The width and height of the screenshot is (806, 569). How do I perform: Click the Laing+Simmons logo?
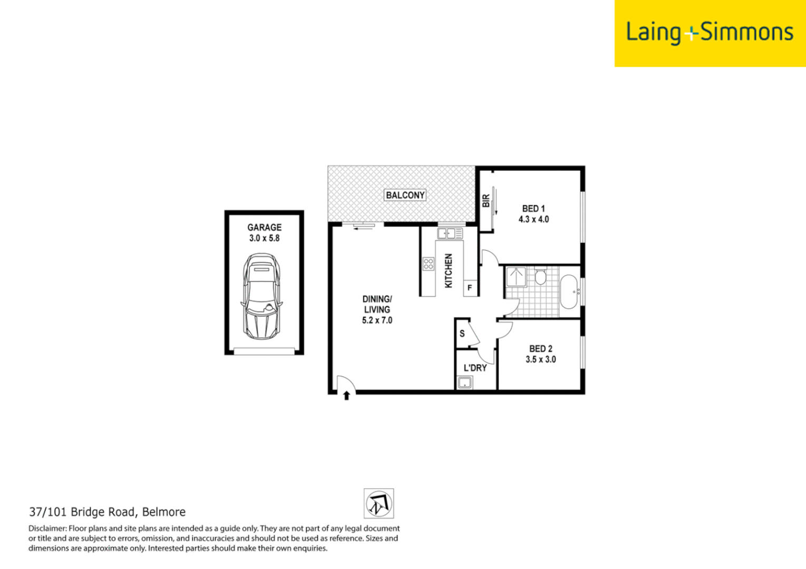point(710,33)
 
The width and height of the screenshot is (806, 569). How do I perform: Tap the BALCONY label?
point(405,195)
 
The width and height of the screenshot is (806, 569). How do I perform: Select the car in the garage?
point(262,297)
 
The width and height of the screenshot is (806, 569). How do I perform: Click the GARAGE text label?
point(264,227)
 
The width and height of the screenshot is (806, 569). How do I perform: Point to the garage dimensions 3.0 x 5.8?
point(264,238)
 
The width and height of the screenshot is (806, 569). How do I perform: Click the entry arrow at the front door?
point(346,395)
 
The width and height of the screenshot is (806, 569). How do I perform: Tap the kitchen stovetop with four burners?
point(428,263)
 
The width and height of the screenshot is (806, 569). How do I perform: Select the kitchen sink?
point(449,233)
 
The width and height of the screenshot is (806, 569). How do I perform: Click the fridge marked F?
point(470,288)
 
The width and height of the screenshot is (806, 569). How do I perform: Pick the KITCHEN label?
point(449,270)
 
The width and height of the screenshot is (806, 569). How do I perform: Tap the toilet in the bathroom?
point(540,277)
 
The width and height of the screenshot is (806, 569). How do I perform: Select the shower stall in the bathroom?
point(516,277)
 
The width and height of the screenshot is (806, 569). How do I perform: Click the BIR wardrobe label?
point(486,201)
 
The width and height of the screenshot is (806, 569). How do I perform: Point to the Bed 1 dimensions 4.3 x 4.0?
point(533,220)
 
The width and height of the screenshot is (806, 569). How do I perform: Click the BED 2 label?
point(540,348)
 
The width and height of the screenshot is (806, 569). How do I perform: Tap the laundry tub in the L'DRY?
point(464,383)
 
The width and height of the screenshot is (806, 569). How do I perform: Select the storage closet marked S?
point(462,333)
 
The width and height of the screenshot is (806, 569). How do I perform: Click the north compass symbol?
point(378,504)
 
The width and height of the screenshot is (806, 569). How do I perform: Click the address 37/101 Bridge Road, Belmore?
point(107,512)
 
